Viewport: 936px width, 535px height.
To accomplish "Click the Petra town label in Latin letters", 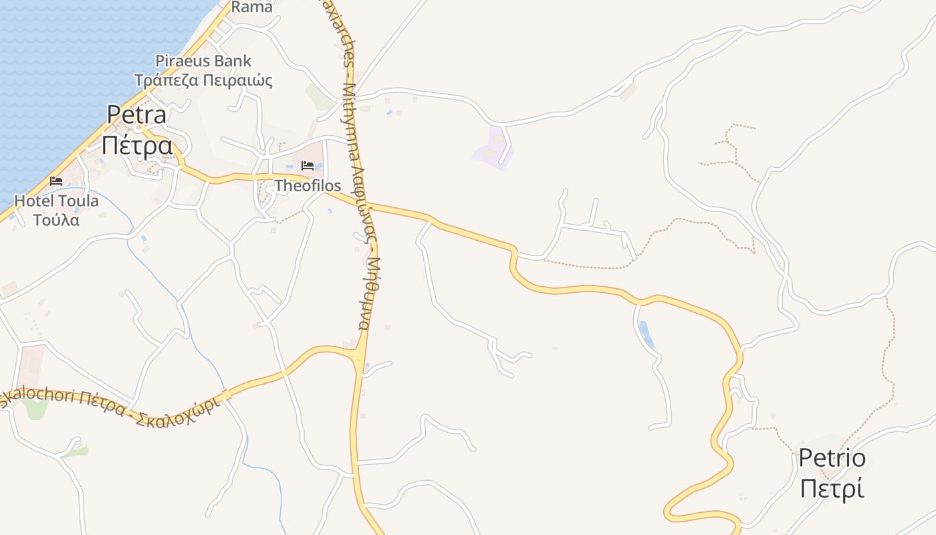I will pos(136,115).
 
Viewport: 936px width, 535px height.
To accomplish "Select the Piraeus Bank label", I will pos(203,61).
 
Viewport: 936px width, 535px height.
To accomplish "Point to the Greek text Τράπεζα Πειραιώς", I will pos(203,81).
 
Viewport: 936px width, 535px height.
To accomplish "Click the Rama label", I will pos(252,7).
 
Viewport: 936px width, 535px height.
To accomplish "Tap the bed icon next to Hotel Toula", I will pos(56,181).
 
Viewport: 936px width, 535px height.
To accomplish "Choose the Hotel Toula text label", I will pos(56,201).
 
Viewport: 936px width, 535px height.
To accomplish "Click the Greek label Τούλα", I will pos(56,219).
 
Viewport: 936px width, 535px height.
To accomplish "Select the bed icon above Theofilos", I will pos(308,165).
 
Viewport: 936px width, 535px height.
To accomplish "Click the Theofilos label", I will pos(308,186).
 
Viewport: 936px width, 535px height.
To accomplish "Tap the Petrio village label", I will pos(832,459).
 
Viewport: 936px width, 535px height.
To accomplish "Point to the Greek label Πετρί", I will pos(832,488).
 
